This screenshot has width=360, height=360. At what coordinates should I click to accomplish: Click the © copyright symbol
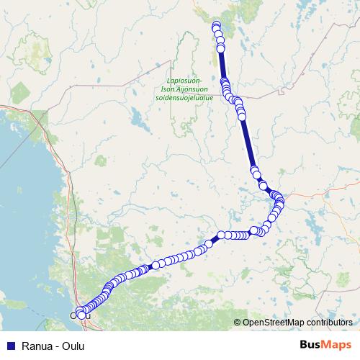coord(238,322)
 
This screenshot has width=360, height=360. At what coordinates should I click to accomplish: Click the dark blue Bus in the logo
coord(312,345)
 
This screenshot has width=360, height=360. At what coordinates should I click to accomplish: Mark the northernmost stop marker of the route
coord(216,26)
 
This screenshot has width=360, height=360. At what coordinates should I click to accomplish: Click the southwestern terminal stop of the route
coord(73,315)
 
